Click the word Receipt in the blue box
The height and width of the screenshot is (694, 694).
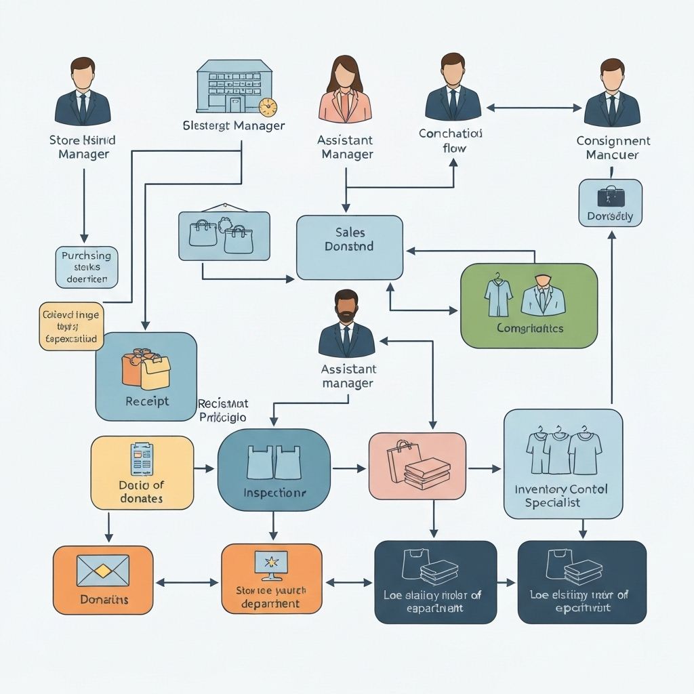coord(147,401)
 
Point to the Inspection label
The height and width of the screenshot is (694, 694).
coord(274,493)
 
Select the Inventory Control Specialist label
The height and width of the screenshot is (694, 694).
coord(561,495)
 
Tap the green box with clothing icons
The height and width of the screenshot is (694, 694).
coord(529,305)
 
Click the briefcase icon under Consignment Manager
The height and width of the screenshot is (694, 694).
coord(610,196)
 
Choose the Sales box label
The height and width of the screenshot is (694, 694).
coord(349,240)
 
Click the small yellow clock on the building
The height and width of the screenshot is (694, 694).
coord(268,107)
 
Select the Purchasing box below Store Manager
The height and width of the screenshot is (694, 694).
coord(86,266)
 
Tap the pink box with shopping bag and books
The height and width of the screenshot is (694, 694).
coord(417,466)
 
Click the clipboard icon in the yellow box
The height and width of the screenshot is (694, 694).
coord(142,460)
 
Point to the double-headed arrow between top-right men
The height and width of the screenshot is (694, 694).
coord(534,107)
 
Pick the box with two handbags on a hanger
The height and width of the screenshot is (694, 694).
coord(224,235)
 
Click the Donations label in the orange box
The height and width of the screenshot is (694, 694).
coord(104,599)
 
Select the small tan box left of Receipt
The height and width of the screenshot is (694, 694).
coord(70,326)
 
